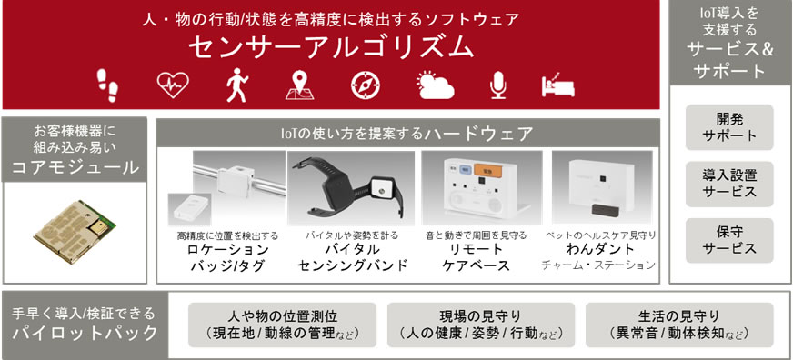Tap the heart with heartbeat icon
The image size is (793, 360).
pos(173,85)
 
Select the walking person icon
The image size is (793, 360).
pos(236,85)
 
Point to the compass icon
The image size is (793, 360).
pos(366,85)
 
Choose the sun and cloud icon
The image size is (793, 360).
pos(435,85)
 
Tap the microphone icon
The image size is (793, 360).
pos(497,85)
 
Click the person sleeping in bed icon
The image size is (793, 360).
pos(557,85)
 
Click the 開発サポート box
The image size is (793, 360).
pos(729,127)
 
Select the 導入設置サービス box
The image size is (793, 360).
pos(729,184)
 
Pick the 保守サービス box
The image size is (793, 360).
pos(729,241)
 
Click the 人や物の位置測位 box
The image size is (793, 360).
pos(282,325)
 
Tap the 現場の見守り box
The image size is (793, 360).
pos(481,325)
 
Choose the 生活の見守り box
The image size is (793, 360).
pos(679,325)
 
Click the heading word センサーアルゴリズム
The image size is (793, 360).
pos(331,48)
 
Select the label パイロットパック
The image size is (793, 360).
pos(85,334)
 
